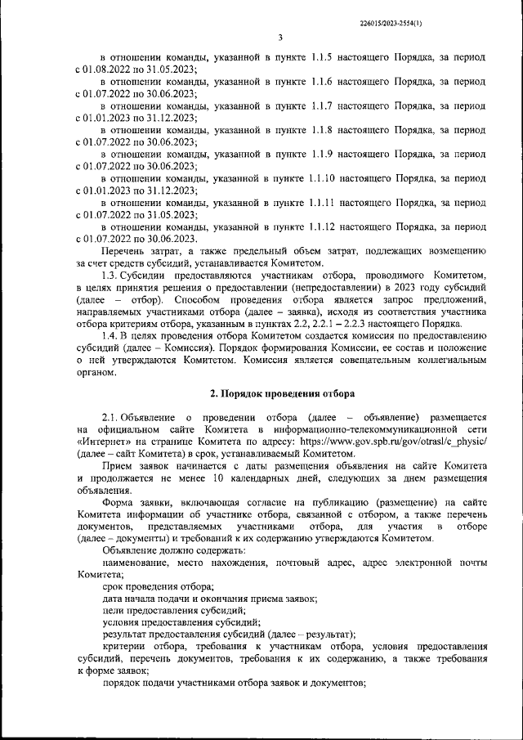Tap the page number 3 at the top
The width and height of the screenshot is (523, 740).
point(279,38)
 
